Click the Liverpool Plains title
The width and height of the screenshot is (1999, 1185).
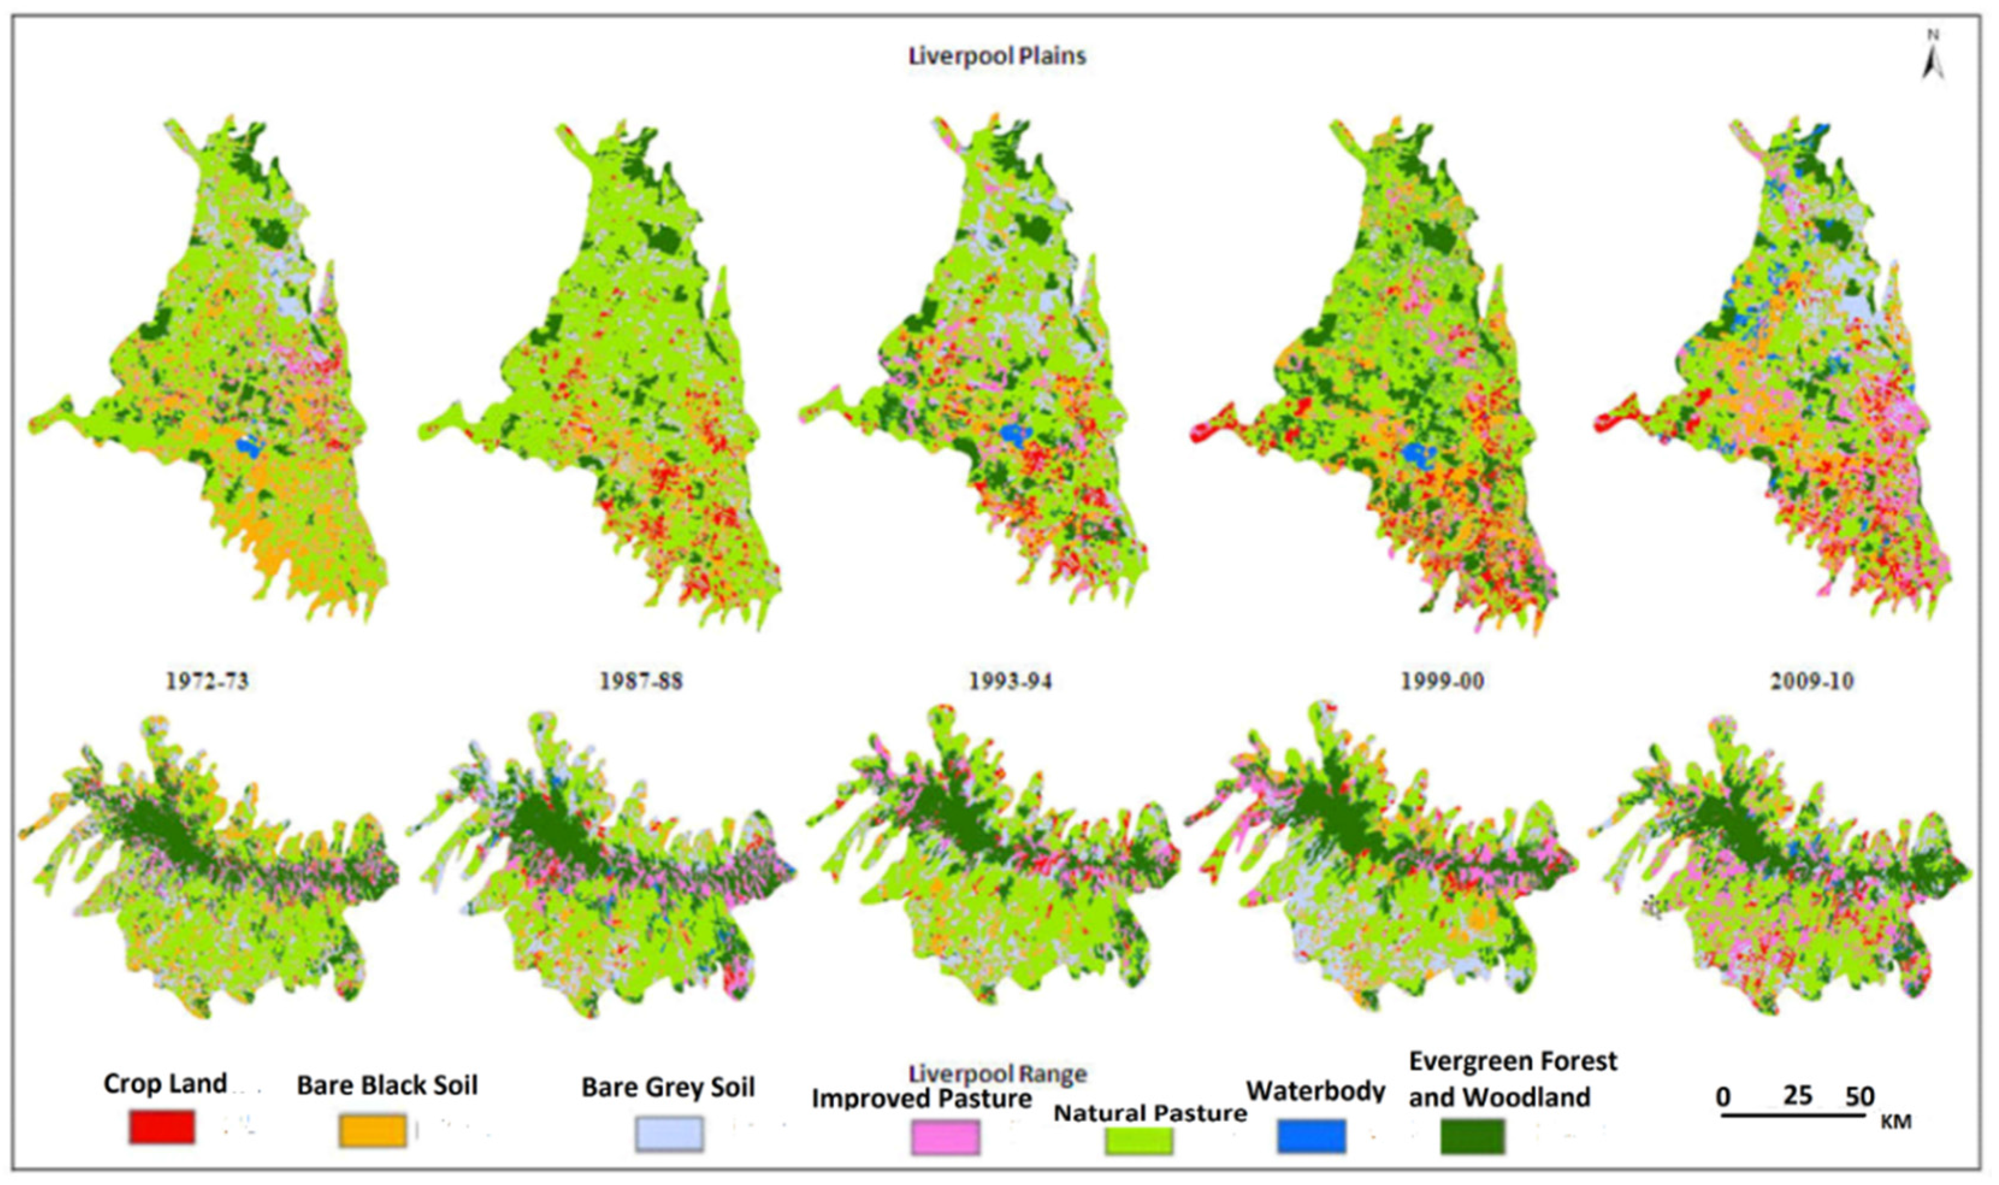[996, 56]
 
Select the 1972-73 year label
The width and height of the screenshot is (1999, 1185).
[207, 680]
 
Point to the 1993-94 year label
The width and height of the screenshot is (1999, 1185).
[1010, 680]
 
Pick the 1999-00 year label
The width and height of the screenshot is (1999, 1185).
[1442, 680]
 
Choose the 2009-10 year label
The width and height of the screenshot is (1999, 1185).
[1811, 680]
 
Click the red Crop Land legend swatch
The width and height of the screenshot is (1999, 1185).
[161, 1127]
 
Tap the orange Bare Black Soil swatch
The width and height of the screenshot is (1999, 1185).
[372, 1131]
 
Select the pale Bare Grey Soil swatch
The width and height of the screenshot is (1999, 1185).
[669, 1134]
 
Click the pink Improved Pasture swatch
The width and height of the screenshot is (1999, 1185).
[945, 1136]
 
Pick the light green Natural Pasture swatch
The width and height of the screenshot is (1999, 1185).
[1139, 1137]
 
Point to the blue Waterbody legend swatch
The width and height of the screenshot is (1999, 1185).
[1311, 1136]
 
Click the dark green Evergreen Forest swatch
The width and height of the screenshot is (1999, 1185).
[1472, 1136]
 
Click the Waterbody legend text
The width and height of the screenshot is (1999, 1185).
[1315, 1090]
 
